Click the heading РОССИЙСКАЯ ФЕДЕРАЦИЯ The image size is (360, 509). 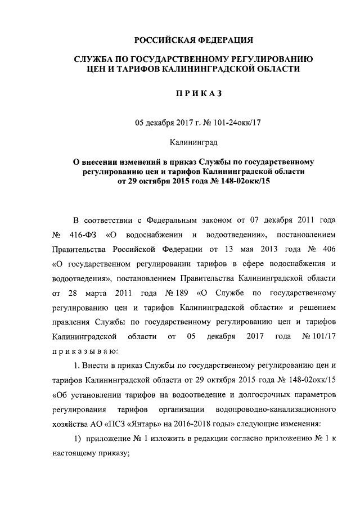[x=193, y=40]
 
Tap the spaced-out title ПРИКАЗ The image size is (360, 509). [x=193, y=94]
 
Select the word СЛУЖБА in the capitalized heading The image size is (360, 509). [x=94, y=59]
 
